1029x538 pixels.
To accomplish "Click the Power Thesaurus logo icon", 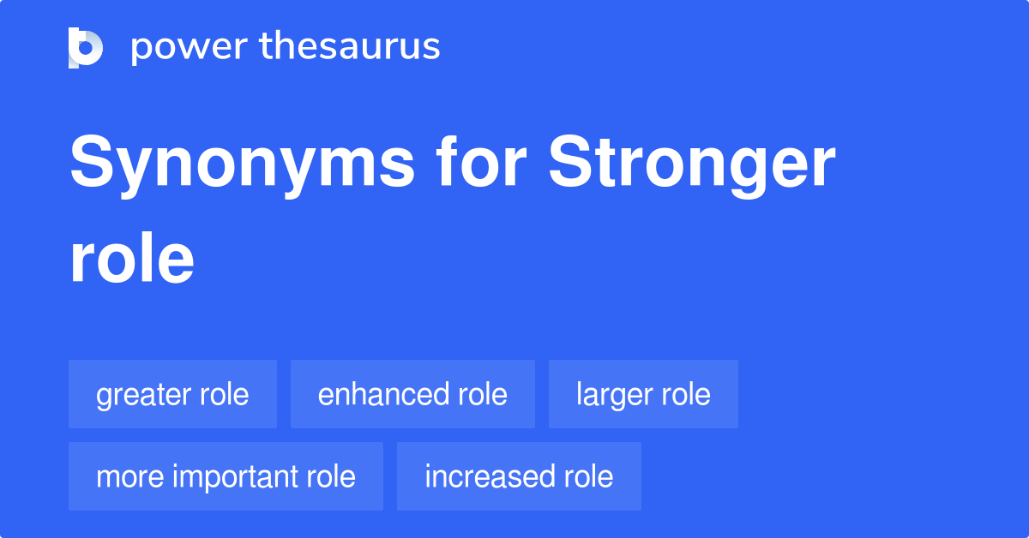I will [x=86, y=47].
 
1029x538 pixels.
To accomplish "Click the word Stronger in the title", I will [x=692, y=165].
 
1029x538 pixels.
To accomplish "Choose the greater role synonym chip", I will [x=172, y=394].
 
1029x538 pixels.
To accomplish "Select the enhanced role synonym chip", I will [x=412, y=394].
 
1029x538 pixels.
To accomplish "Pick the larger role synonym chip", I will [x=643, y=394].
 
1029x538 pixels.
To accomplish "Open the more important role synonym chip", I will [x=226, y=476].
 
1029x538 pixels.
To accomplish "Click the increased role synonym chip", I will [x=519, y=476].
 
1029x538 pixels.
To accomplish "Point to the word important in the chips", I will [x=226, y=476].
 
